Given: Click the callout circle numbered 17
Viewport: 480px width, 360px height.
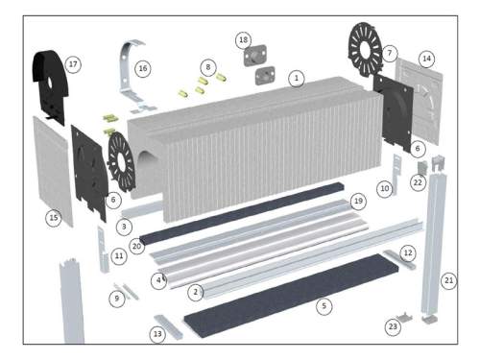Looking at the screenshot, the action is tap(73, 64).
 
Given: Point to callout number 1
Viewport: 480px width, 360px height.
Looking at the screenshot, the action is tap(297, 79).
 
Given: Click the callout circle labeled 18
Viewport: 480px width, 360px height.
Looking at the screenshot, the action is tap(243, 40).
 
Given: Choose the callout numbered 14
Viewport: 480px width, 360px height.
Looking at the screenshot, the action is tap(426, 59).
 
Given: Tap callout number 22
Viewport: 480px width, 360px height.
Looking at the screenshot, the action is tap(418, 182).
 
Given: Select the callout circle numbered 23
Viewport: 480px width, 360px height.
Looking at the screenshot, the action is tap(393, 326).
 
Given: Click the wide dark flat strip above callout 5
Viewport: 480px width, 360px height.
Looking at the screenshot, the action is tap(292, 295).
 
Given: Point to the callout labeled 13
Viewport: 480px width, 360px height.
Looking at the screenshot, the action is tap(157, 334).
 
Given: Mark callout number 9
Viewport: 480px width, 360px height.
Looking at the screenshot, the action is tap(117, 299).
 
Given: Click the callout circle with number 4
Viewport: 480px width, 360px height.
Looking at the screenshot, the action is tap(158, 281).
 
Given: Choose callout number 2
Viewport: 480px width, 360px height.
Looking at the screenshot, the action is tap(196, 292).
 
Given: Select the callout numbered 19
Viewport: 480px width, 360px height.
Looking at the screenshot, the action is tap(358, 201).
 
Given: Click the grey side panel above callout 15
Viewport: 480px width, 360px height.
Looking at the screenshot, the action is tap(53, 171).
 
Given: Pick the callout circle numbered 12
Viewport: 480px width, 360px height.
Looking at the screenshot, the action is tap(408, 253).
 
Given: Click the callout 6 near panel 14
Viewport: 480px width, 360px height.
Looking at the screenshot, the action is tap(418, 149).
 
